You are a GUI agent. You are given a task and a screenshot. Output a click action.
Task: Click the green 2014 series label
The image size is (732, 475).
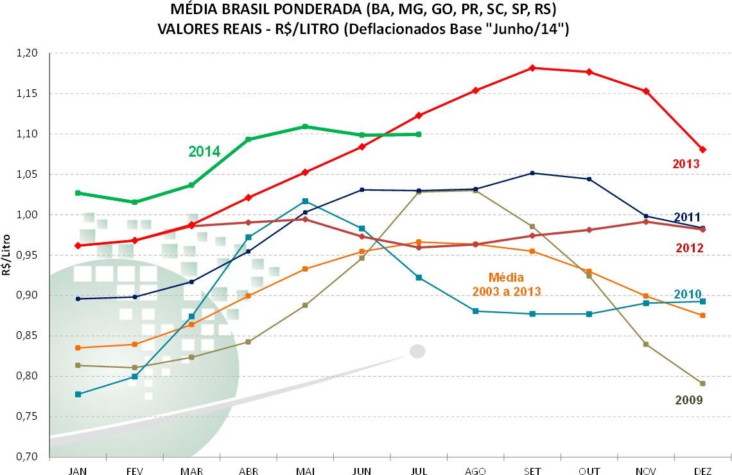[x=204, y=152]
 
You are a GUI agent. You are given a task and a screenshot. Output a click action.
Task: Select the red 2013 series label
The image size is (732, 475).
[x=686, y=164]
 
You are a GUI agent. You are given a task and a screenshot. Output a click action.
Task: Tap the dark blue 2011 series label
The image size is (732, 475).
[x=687, y=217]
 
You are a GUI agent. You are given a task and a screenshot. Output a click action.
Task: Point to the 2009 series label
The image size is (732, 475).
[x=689, y=400]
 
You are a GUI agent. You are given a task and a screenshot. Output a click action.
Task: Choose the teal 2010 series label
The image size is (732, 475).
[x=688, y=294]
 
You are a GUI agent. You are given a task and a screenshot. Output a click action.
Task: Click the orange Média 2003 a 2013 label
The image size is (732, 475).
[x=507, y=284]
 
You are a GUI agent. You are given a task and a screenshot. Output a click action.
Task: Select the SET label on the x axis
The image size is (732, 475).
[x=532, y=471]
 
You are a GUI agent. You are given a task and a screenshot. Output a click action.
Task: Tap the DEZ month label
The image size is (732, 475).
[x=702, y=471]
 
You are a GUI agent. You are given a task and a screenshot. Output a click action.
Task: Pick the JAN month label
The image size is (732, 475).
[x=78, y=471]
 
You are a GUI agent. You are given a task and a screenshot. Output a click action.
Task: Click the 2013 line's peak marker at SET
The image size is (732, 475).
[x=532, y=67]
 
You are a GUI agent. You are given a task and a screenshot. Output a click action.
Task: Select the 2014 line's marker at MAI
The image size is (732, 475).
[x=305, y=126]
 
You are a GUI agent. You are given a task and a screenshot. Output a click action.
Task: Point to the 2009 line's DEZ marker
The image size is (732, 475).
[x=702, y=383]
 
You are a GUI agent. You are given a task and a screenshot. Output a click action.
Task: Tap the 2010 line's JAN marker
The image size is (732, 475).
[x=78, y=394]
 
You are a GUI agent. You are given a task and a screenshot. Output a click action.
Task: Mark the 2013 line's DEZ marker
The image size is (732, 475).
[x=702, y=150]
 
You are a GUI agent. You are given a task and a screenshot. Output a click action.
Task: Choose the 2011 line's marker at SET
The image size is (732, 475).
[x=532, y=173]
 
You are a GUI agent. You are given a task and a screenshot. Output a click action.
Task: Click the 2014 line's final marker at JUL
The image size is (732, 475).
[x=419, y=134]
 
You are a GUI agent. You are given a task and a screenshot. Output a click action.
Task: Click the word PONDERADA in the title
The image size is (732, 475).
[x=306, y=11]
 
